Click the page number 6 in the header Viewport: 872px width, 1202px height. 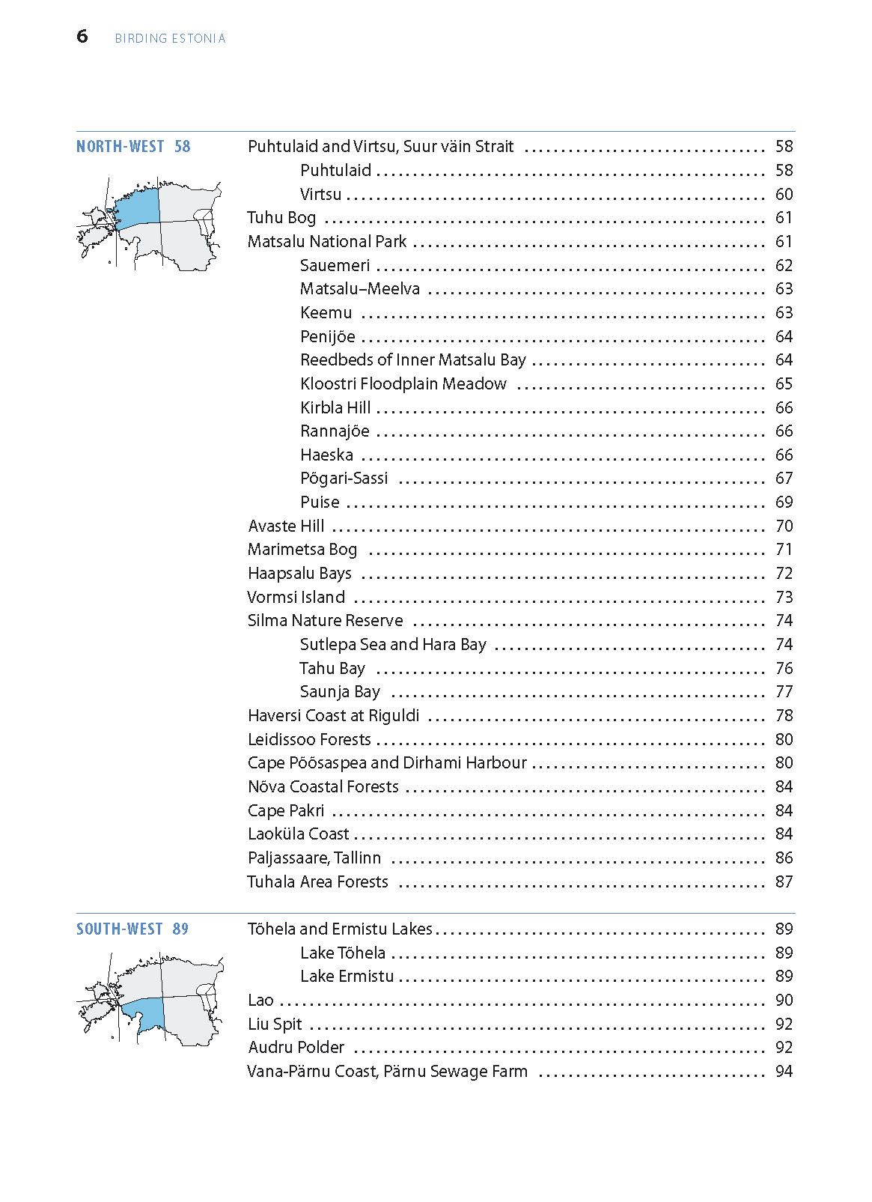[82, 36]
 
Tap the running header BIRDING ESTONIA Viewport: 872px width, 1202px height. [170, 38]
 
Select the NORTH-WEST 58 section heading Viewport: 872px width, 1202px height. [133, 147]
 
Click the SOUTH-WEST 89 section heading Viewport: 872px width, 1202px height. [132, 929]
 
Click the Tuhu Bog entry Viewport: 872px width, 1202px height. [281, 218]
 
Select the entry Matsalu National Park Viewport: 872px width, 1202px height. [327, 242]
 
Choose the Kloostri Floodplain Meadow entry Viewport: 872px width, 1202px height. [403, 384]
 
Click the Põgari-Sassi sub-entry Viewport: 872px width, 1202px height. [344, 479]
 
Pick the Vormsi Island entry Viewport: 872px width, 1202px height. [296, 598]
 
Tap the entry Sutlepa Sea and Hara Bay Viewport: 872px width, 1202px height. [393, 645]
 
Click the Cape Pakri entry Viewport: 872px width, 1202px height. [286, 811]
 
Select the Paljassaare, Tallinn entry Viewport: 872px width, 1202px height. [314, 858]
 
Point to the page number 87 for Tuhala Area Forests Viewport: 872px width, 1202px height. [784, 882]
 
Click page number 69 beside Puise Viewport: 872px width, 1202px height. [784, 503]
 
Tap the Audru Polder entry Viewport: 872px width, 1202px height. [296, 1048]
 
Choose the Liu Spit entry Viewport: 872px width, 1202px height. [275, 1025]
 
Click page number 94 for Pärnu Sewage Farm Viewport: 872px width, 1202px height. [784, 1072]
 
